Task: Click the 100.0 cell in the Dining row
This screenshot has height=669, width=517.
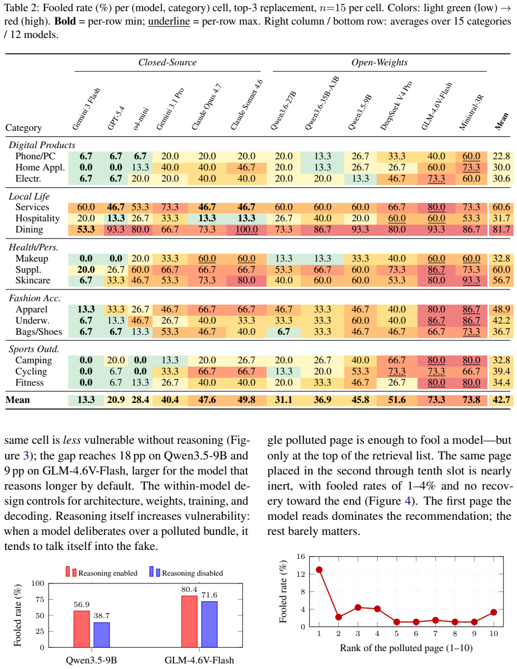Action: click(x=246, y=230)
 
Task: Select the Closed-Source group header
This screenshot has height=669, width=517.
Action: click(x=167, y=62)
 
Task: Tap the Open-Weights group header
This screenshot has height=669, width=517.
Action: click(x=379, y=62)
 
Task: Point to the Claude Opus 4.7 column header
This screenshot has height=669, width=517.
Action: click(x=206, y=107)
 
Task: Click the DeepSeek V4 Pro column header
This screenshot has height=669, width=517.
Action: click(x=396, y=105)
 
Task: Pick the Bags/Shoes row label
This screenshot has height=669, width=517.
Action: click(x=39, y=332)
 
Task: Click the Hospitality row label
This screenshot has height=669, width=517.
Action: click(x=37, y=219)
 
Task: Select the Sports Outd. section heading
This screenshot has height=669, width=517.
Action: click(x=34, y=349)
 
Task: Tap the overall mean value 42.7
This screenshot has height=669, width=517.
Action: click(x=501, y=400)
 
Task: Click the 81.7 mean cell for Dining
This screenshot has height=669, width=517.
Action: click(x=501, y=230)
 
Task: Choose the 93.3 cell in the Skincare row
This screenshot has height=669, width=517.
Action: click(x=471, y=281)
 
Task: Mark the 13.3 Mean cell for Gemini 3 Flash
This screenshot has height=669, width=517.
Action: click(x=86, y=400)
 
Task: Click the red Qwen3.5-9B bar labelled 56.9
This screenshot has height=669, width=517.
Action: click(x=82, y=629)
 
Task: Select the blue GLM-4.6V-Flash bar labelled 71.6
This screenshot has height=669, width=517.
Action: click(x=209, y=624)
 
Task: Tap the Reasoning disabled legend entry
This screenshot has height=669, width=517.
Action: click(x=186, y=572)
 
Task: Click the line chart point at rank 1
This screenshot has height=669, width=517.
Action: click(x=319, y=570)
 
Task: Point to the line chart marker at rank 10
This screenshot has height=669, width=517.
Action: click(x=494, y=612)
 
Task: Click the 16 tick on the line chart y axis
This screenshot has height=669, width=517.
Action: click(x=301, y=556)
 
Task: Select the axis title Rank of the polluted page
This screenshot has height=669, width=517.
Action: click(x=406, y=648)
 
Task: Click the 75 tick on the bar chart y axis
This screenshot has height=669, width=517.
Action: click(x=40, y=600)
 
